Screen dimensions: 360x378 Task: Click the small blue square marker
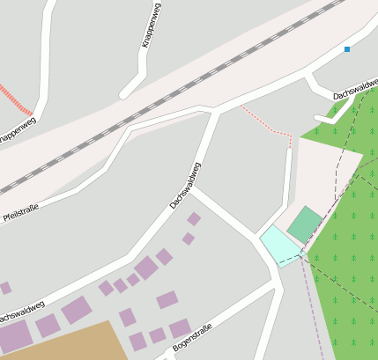(347, 49)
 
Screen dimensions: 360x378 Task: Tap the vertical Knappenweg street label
(151, 26)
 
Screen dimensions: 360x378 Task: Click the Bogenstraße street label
(192, 342)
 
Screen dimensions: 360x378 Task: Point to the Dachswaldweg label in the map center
(185, 185)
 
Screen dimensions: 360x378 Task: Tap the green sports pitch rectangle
(305, 224)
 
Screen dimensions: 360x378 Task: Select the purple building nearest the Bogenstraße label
(180, 328)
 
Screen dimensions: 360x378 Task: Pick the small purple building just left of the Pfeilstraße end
(5, 288)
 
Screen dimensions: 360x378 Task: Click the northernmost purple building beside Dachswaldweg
(194, 218)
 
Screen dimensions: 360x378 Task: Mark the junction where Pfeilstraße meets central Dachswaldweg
(215, 111)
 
